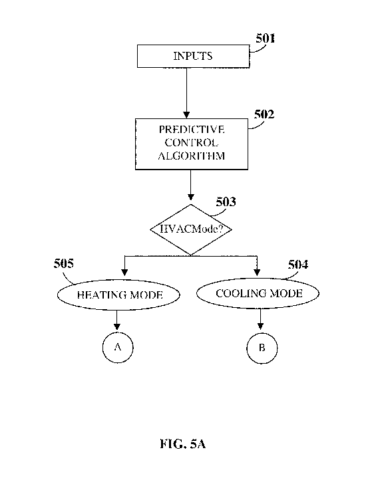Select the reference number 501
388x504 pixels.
pos(266,39)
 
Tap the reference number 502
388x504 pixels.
pos(264,114)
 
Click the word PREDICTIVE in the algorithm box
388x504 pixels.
pos(192,130)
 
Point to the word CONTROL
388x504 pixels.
pos(191,142)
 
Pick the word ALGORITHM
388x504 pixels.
pos(192,156)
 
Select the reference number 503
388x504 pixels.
pos(226,202)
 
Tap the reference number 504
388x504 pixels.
pos(298,265)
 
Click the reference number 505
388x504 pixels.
pos(64,263)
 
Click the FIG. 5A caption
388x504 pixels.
pos(183,444)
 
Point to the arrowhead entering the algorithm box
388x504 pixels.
pos(186,115)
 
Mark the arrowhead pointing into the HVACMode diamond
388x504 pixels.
pos(191,197)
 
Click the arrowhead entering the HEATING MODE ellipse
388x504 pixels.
pos(124,273)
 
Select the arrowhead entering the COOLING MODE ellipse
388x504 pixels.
pos(257,273)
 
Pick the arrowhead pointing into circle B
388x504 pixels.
pos(261,326)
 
